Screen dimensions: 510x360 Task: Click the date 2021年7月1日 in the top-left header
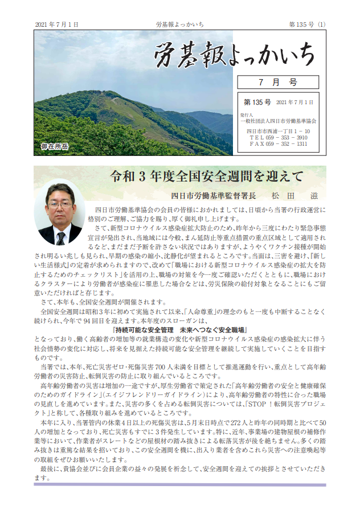(56, 24)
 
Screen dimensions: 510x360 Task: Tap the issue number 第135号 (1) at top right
(308, 24)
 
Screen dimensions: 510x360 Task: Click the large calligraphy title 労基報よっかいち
(234, 54)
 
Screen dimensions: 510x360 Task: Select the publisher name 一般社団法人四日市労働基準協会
(279, 121)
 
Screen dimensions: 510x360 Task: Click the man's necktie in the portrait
(60, 233)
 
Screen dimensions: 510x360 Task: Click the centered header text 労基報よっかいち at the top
(180, 24)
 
